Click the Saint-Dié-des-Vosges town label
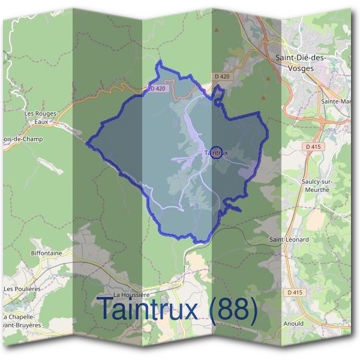[300, 62]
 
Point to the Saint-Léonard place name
[289, 239]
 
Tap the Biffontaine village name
[46, 253]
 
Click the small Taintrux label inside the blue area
[215, 153]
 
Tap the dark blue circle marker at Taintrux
[217, 152]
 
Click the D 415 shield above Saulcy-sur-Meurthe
[313, 146]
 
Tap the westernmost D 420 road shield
[157, 89]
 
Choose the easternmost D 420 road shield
[221, 77]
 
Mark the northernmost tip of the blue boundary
[160, 61]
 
